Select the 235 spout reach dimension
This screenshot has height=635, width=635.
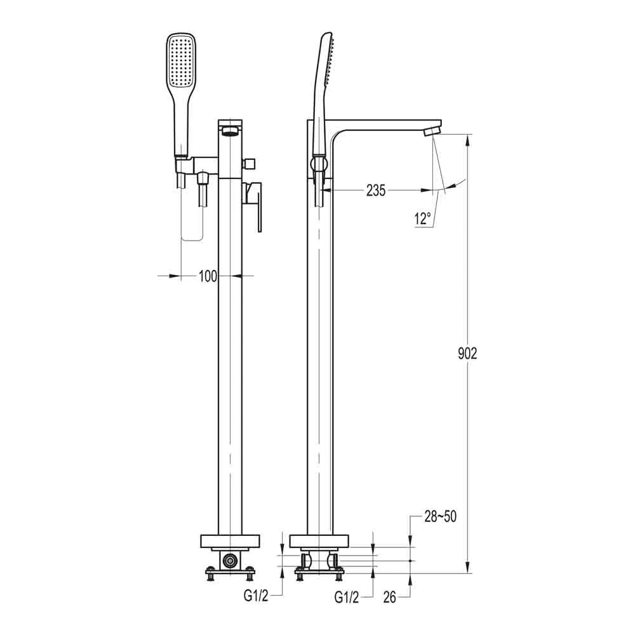375,190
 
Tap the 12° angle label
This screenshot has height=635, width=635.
423,219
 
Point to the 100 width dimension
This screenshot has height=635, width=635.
208,276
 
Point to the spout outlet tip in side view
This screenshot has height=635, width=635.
432,130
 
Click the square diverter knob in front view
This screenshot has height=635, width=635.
251,163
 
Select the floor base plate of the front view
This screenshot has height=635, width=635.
230,542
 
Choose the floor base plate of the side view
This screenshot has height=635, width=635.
319,542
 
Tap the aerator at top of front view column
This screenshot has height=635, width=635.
230,131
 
